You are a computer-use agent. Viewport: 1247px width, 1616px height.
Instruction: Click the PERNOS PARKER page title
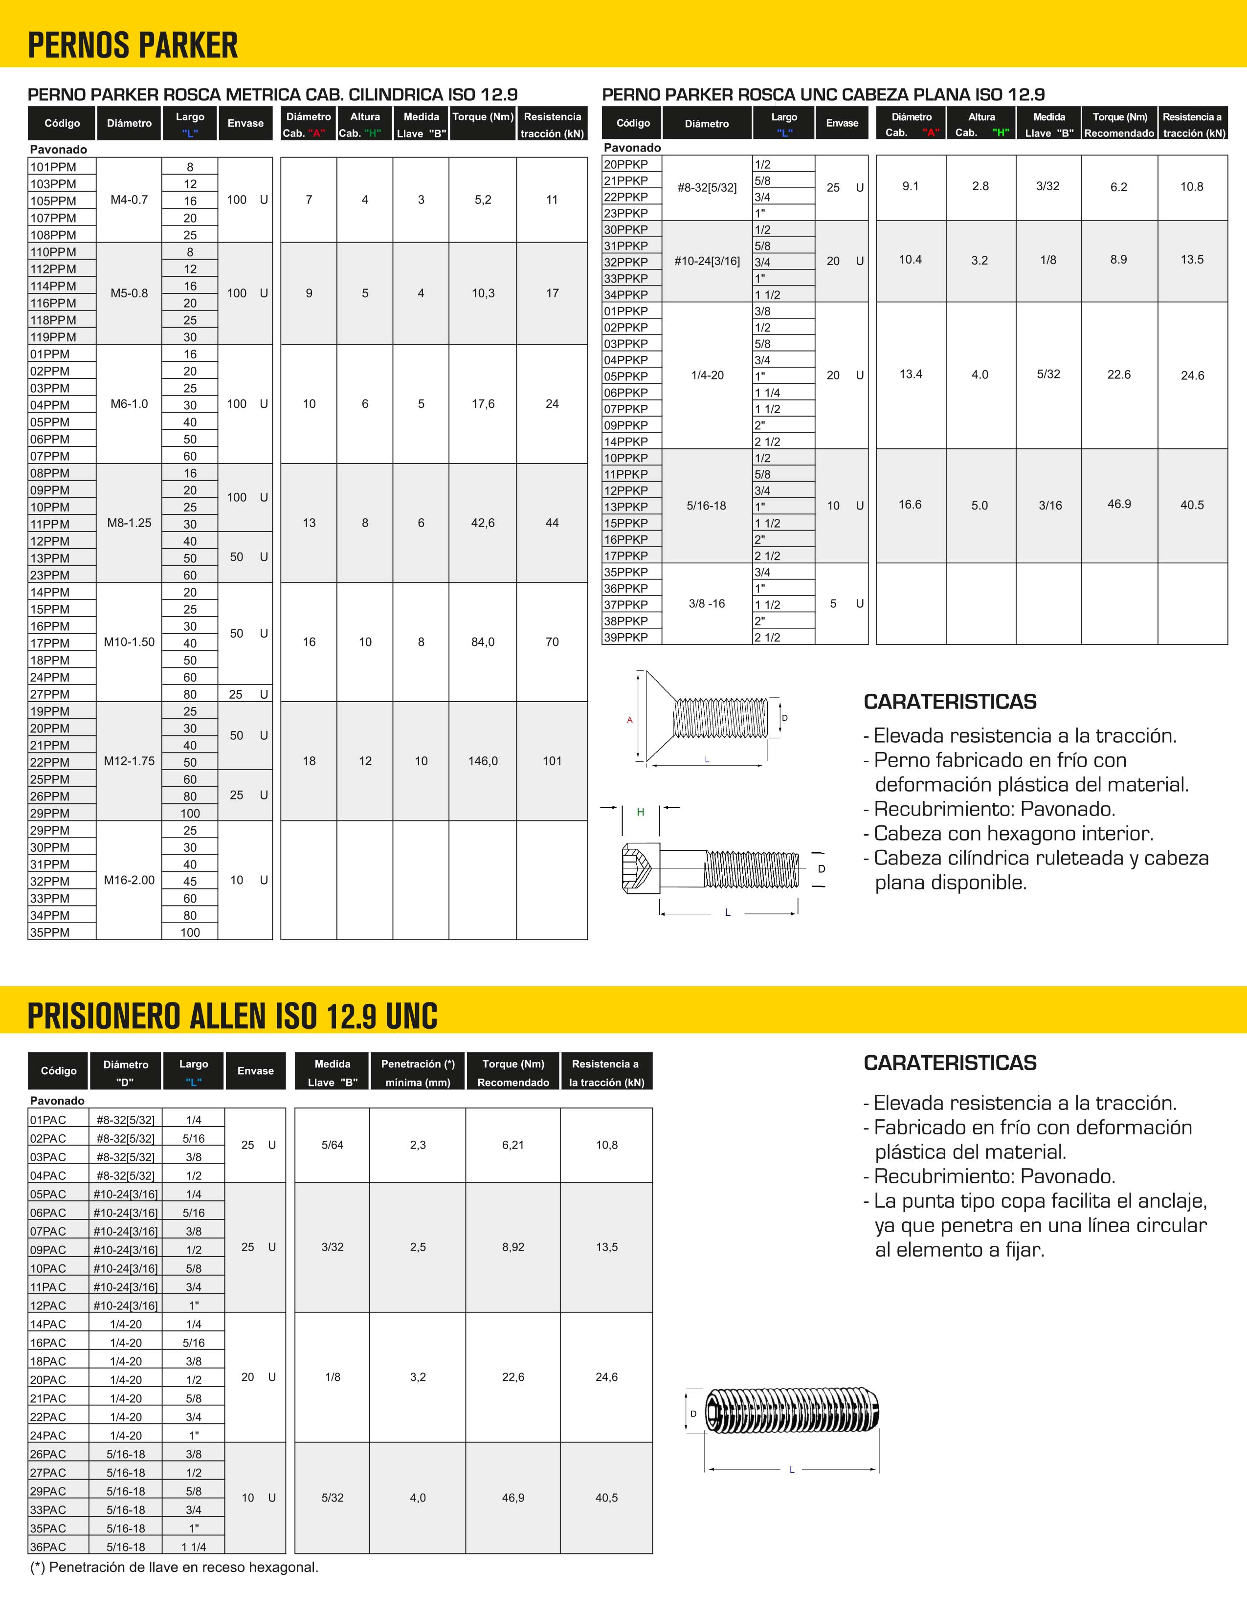(133, 46)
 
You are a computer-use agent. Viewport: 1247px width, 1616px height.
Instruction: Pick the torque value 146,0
(483, 761)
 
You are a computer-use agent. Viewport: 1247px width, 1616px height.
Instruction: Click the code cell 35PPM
(50, 932)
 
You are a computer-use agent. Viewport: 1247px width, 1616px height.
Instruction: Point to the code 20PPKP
(626, 164)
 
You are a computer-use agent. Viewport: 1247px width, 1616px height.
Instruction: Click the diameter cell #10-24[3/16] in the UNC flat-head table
(707, 261)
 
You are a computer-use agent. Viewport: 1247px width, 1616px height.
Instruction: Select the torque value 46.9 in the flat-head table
(1119, 504)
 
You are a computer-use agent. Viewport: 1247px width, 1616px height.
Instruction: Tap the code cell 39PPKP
(626, 637)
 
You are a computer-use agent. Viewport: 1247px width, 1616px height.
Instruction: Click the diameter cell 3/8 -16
(707, 604)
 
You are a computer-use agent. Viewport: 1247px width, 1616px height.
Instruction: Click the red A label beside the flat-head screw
(630, 720)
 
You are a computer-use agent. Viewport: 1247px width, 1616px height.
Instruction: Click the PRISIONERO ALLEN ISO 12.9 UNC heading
(232, 1016)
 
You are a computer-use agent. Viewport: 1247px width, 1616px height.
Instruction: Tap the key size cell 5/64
(332, 1145)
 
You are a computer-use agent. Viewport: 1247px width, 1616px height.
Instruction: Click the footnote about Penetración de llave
(175, 1567)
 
